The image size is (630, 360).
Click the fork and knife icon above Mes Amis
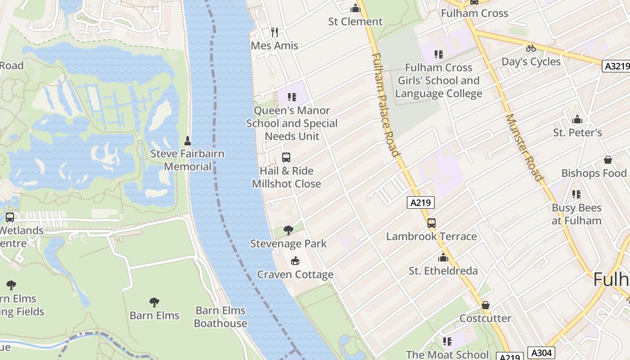coord(274,32)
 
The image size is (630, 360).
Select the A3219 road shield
coord(616,66)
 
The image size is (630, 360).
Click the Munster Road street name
coord(524,147)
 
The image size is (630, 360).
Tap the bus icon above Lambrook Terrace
coord(431,223)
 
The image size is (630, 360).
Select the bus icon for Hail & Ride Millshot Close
coord(286,157)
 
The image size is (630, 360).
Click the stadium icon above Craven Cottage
coord(295,261)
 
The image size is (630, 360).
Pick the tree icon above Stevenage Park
coord(288,230)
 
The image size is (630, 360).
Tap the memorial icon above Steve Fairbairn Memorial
coord(188,141)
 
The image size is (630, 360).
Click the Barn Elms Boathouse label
coord(220,317)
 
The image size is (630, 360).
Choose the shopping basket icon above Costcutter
coord(485,306)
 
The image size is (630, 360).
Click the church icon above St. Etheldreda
coord(443,258)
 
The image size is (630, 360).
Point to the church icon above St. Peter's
coord(577,119)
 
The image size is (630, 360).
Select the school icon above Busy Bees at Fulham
coord(576,194)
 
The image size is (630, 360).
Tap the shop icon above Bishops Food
coord(607,160)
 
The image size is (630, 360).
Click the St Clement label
coord(355,22)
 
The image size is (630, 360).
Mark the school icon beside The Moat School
coord(447,342)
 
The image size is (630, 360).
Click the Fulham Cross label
coord(474,13)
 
